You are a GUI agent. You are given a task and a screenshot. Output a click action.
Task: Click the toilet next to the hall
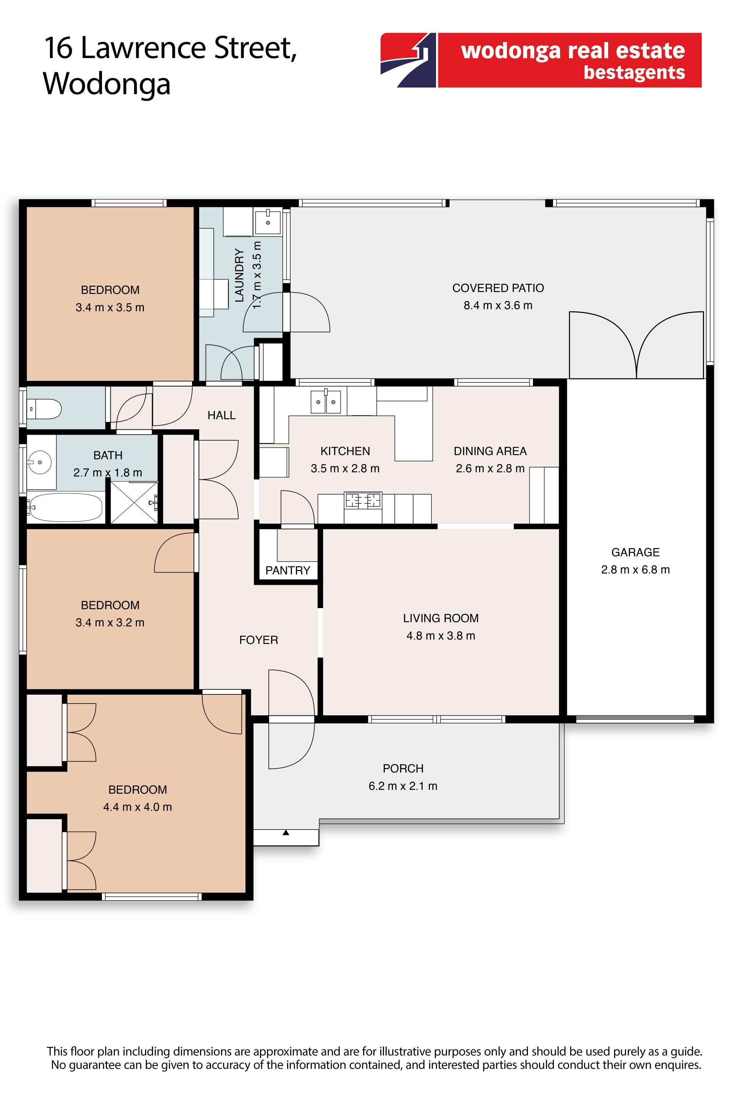click(x=44, y=409)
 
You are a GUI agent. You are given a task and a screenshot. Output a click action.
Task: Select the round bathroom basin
click(x=40, y=463)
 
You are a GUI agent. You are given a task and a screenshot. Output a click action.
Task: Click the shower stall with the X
click(x=134, y=502)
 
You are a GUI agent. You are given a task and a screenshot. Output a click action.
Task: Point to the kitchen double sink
click(x=326, y=402)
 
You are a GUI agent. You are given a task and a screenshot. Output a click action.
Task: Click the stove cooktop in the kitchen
click(x=363, y=500)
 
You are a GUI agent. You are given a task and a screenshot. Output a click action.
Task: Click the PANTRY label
click(x=287, y=570)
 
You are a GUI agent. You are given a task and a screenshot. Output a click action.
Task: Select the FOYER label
click(x=258, y=640)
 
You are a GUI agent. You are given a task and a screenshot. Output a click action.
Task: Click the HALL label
click(x=221, y=415)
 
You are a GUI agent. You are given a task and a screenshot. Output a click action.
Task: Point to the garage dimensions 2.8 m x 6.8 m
click(x=635, y=569)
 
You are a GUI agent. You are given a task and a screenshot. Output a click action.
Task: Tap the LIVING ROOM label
click(x=441, y=618)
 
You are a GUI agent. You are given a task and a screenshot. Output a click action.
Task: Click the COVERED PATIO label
click(x=498, y=288)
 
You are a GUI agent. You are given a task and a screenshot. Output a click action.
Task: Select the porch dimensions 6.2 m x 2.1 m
click(x=403, y=786)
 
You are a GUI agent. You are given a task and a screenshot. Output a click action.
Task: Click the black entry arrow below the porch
click(x=286, y=833)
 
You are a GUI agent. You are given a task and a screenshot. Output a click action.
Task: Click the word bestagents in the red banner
click(x=635, y=73)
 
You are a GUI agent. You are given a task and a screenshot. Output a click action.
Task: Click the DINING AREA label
click(x=490, y=451)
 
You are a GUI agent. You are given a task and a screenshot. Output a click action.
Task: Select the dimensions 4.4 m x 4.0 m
click(x=137, y=807)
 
